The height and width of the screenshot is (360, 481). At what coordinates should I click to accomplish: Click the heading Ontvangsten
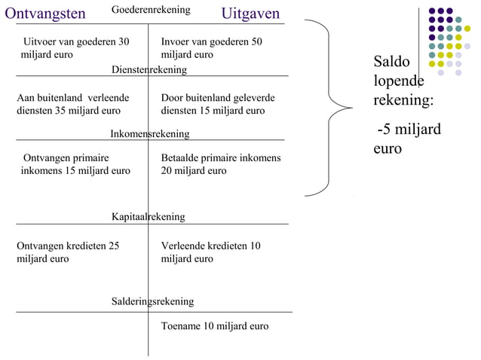(x=45, y=14)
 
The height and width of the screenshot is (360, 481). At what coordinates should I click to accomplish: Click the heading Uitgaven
(x=250, y=14)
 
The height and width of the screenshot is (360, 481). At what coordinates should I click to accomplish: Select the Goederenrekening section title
(x=151, y=10)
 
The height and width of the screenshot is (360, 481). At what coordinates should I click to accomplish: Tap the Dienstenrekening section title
(x=149, y=69)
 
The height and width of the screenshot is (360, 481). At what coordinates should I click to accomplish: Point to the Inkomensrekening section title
(x=150, y=134)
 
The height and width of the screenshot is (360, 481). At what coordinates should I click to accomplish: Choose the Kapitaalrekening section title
(x=149, y=217)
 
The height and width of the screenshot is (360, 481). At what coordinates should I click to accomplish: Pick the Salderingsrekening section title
(x=152, y=301)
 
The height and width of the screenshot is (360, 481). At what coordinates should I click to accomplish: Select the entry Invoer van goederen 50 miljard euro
(x=212, y=48)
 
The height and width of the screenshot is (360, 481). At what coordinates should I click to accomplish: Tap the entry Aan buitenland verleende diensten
(x=72, y=105)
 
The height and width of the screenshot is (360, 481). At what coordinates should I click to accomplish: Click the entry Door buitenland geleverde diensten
(x=218, y=105)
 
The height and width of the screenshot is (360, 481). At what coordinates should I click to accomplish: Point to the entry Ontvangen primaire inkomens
(x=75, y=165)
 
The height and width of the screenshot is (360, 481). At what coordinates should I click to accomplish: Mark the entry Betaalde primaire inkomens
(x=221, y=165)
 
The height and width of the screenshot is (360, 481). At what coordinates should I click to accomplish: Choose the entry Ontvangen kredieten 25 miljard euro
(x=68, y=252)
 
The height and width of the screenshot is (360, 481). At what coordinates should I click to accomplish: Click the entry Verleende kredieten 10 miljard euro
(x=211, y=252)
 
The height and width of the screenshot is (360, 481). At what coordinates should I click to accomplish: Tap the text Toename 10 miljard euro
(x=215, y=326)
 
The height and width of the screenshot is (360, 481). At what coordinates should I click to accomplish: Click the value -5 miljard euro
(x=407, y=139)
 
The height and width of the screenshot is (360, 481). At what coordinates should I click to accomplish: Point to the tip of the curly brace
(x=351, y=109)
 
